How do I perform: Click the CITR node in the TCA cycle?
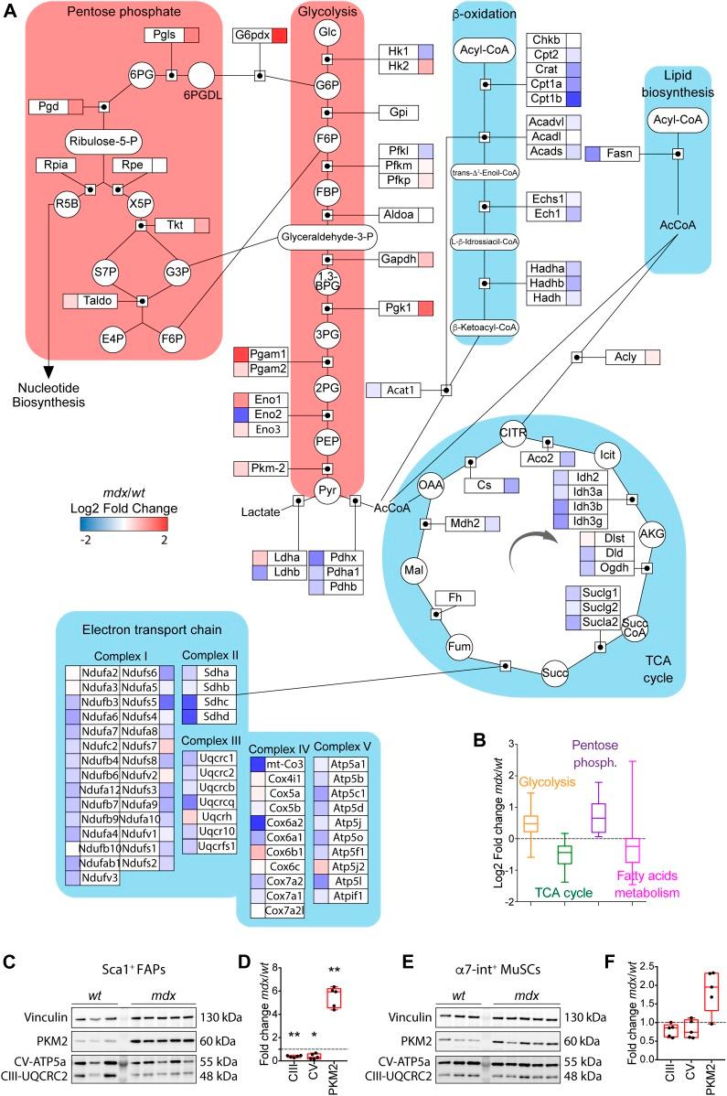(513, 428)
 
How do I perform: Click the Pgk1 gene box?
(398, 308)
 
